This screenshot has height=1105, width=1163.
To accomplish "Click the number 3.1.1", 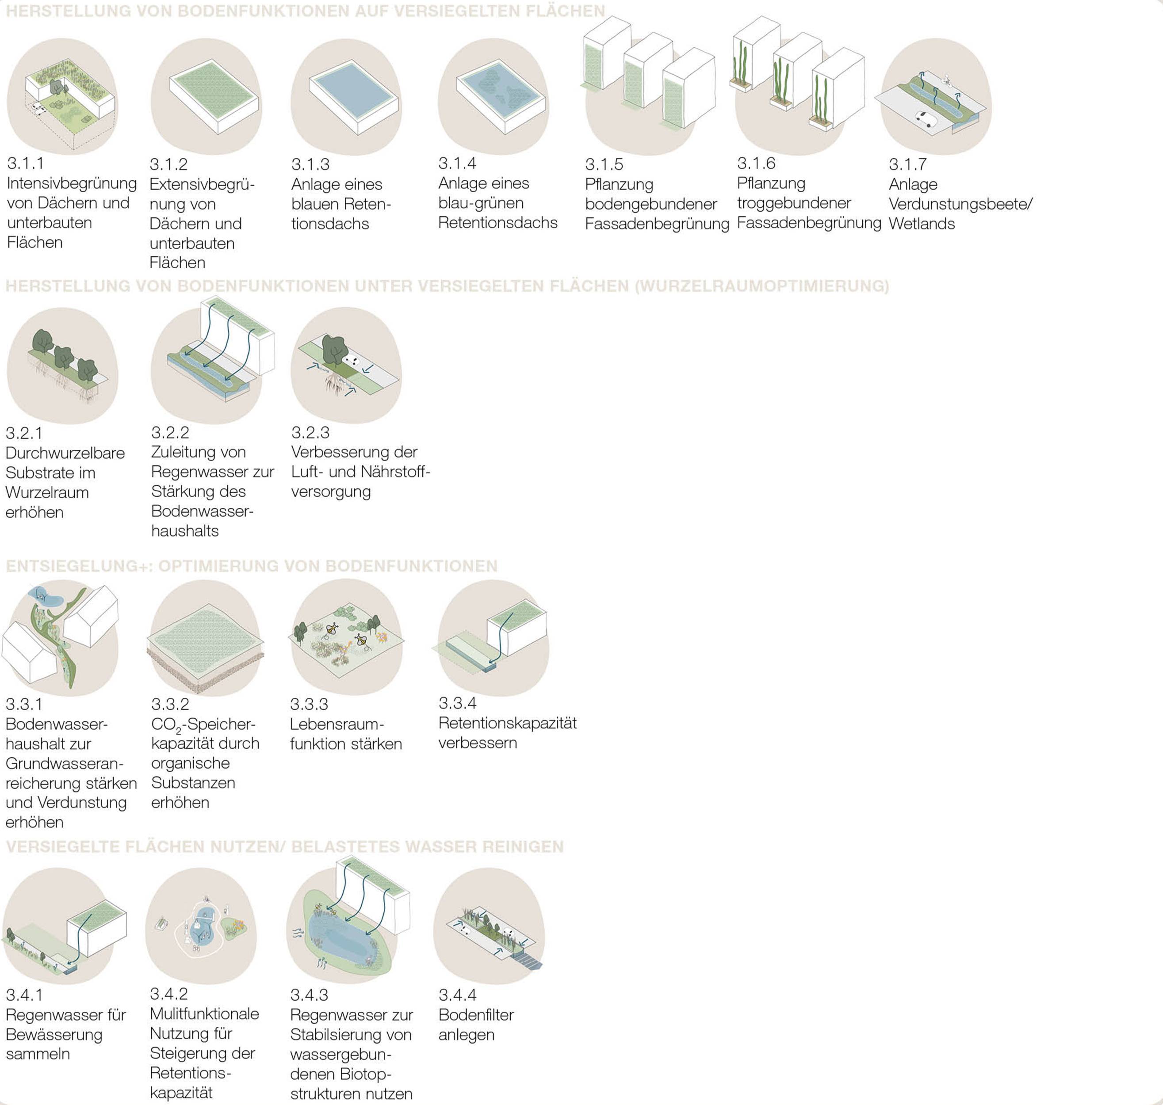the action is [25, 164].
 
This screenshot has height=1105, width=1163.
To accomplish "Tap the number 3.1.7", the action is [908, 164].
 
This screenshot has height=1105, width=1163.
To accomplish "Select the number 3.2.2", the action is [170, 433].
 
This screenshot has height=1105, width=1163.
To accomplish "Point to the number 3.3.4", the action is [458, 703].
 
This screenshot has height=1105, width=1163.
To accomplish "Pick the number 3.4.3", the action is [309, 995].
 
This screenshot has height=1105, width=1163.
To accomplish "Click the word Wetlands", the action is [922, 224].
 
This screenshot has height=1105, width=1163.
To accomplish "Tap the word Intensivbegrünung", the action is [72, 184].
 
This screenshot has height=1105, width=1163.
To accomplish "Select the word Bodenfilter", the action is [476, 1015].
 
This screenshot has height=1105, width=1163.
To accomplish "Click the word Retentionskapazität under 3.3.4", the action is [508, 723].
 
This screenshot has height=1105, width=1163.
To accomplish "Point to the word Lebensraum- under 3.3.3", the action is [337, 724].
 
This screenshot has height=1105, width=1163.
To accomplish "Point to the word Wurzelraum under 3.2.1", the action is [47, 493].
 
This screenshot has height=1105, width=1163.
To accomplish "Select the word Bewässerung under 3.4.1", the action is [54, 1035].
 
